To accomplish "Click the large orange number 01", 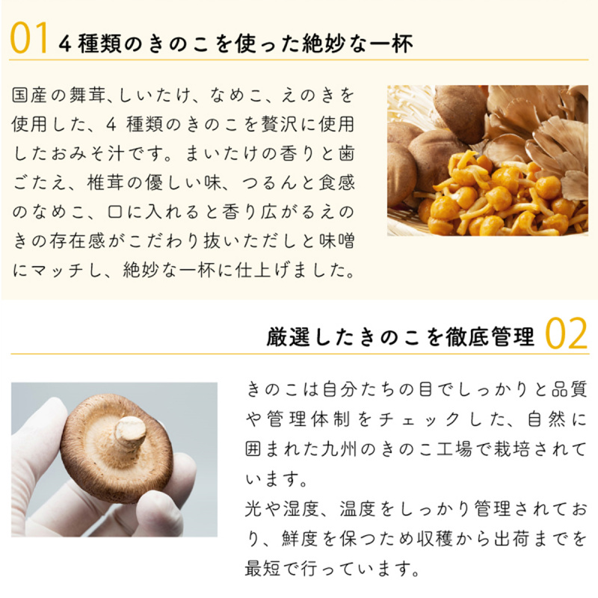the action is pos(29,37).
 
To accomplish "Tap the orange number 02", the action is pos(566,333).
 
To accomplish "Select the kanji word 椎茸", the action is pos(105,182).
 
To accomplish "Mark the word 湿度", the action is pos(300,508).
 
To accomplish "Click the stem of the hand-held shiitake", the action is pos(130,433).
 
